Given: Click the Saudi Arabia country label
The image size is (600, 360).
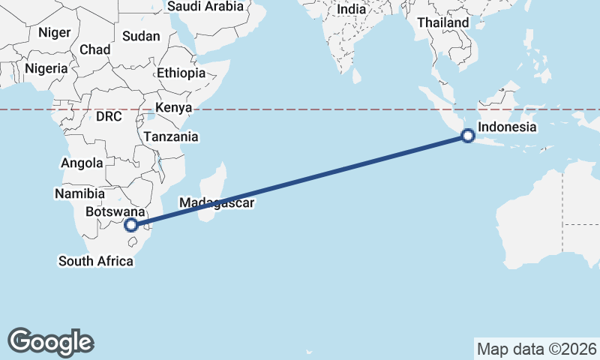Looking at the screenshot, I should pos(205,6).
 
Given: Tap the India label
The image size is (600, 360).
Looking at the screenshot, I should pos(352,9).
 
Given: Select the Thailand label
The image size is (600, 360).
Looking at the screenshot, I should pos(442,23).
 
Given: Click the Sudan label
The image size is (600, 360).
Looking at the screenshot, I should pos(141,36).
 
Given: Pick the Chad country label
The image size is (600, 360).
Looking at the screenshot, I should pos(94,49).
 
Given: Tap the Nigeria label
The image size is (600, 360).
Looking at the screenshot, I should pos(46,68).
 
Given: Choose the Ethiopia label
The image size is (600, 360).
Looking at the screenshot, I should pos(181,73).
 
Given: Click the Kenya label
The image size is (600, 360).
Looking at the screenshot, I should pos(174,106).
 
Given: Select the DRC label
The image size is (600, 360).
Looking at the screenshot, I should pos(109,117).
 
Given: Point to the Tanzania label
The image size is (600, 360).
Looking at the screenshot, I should pos(171,136).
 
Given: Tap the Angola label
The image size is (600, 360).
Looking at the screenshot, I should pos(82,163).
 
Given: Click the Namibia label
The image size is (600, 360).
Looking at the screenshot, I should pos(79,193).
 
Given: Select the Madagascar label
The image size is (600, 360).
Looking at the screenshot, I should pos(217,202).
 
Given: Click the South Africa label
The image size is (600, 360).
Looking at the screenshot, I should pos(96,261).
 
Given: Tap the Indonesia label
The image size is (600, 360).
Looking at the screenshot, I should pos(507,127).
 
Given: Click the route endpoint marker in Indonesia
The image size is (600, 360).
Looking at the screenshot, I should pos(467,136).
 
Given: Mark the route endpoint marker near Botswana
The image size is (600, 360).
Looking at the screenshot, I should pos(131,224).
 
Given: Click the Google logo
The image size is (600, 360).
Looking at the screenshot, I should pos(50,341).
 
